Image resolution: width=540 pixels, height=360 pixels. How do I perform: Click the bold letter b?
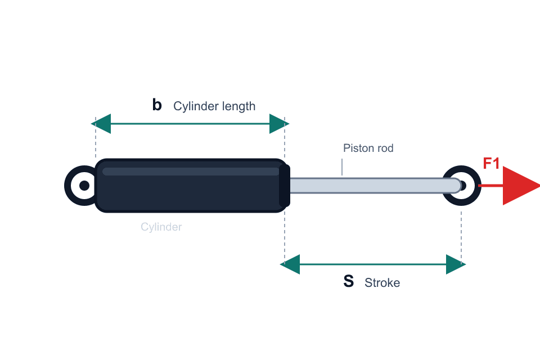point(157,105)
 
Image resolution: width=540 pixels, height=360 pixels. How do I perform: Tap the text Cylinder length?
point(214,106)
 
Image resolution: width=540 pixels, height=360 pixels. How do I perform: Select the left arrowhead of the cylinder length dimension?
point(101,124)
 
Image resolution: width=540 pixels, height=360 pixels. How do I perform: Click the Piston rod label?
point(368,148)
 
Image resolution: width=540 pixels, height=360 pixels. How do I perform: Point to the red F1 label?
point(491,163)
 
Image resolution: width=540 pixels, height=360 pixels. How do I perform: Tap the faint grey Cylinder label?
point(161,227)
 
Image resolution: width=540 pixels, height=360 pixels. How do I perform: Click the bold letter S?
point(349,281)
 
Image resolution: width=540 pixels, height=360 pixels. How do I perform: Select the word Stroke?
point(382,283)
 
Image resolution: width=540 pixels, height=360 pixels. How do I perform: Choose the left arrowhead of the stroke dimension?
point(290,264)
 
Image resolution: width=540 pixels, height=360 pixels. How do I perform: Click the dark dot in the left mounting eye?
point(84,186)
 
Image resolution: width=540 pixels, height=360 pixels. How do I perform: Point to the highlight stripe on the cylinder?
point(191,172)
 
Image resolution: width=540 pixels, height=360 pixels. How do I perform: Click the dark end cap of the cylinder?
point(285,186)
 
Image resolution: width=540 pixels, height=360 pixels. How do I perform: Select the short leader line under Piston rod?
point(342,167)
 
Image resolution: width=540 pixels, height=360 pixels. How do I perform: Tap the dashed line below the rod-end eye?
point(461,238)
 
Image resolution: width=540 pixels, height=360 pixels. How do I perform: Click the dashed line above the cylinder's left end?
point(96,137)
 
